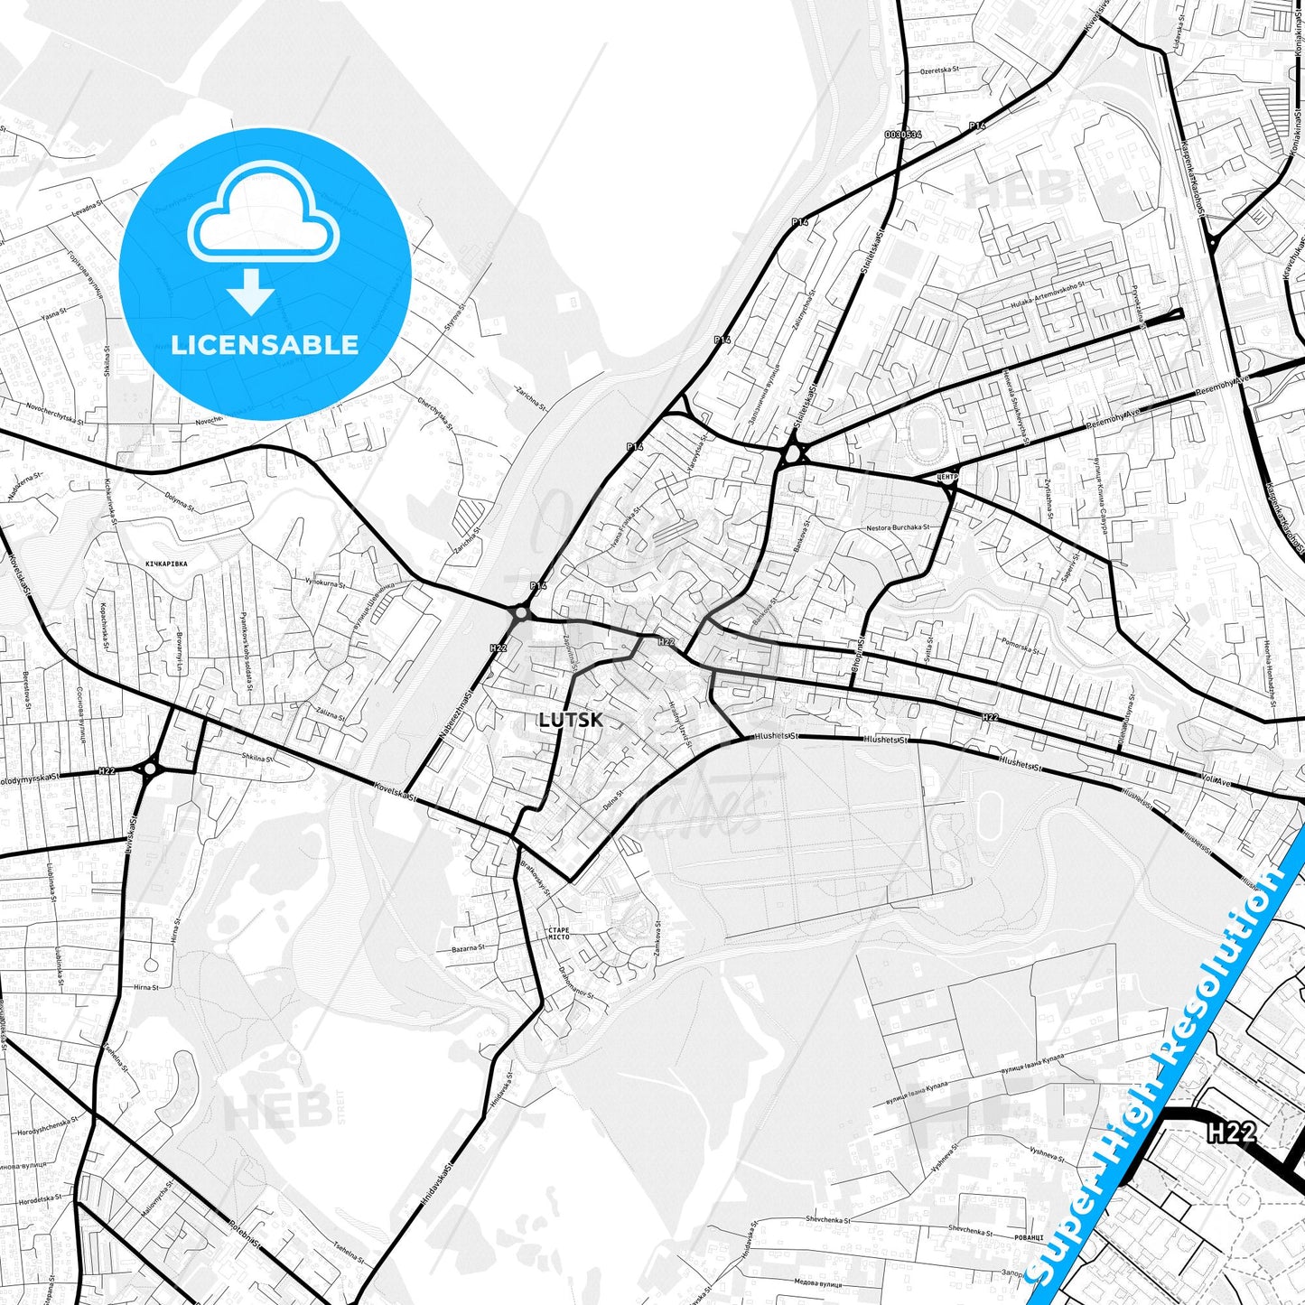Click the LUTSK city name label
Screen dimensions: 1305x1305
pos(569,720)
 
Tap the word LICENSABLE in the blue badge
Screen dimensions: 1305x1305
pos(265,345)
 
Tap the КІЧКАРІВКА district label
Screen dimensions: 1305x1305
pos(165,563)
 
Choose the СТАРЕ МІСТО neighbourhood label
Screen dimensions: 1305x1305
pos(559,934)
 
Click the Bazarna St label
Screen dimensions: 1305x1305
pos(468,948)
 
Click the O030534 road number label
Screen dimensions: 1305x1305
pos(903,134)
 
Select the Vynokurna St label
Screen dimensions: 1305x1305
pos(324,582)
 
